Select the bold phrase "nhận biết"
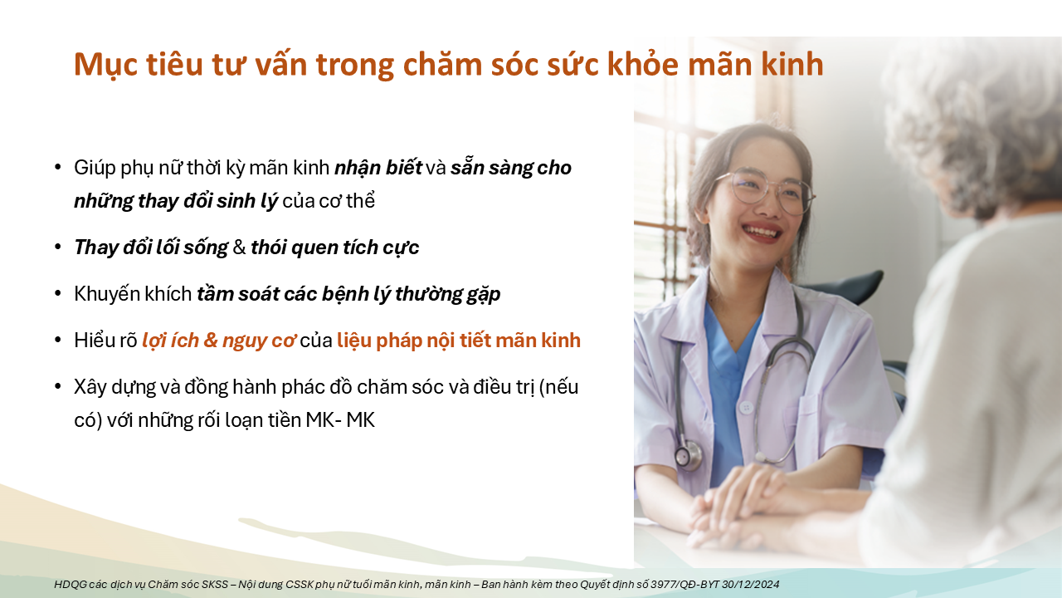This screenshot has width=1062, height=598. [378, 168]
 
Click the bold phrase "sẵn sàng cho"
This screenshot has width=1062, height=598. [510, 168]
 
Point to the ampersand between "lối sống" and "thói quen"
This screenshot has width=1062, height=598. [240, 248]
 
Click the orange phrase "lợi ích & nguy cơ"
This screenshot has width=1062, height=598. [218, 341]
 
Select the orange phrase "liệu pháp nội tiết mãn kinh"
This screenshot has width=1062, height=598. [459, 341]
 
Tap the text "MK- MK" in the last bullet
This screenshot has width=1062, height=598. [340, 420]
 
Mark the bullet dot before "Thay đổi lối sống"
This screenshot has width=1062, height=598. [58, 248]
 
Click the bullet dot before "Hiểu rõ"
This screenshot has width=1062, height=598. [58, 341]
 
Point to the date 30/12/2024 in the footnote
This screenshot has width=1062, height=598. [751, 584]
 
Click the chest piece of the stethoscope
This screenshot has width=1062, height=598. [688, 455]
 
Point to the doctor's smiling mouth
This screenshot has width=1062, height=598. [761, 233]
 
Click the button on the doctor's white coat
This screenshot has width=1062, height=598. [746, 407]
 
